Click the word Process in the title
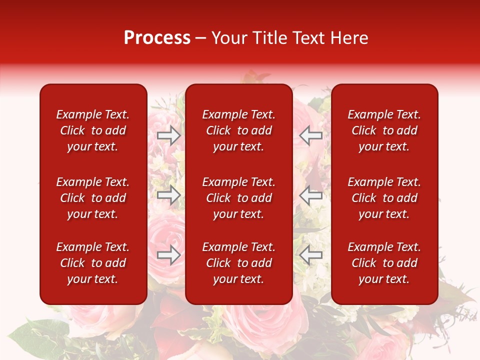click(x=157, y=38)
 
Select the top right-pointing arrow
click(x=169, y=135)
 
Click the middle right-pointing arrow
click(x=169, y=195)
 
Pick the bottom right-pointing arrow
click(x=169, y=255)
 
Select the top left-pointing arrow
click(x=310, y=135)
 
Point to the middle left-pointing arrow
click(x=310, y=195)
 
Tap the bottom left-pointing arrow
click(x=310, y=255)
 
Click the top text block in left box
click(x=93, y=130)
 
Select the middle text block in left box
click(x=93, y=198)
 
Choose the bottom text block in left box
click(x=93, y=263)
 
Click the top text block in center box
click(x=239, y=130)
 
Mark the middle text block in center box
click(x=239, y=198)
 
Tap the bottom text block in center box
click(x=239, y=263)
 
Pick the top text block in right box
click(x=384, y=130)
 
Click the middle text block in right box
click(x=384, y=198)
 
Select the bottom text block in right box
click(x=384, y=263)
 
